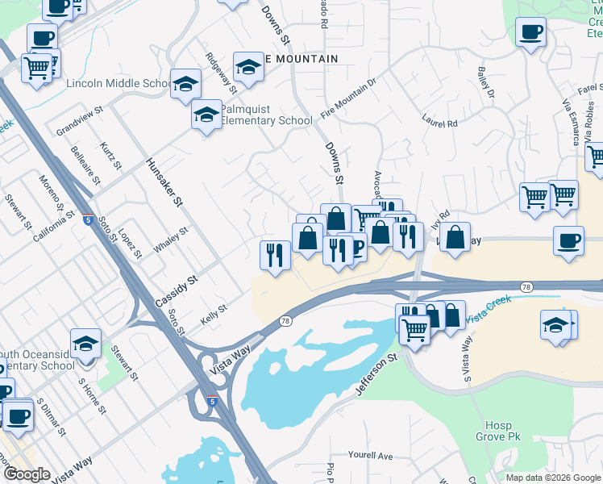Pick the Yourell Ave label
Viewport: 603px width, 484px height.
371,456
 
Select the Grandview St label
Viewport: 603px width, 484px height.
80,119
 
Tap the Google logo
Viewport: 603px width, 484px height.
27,474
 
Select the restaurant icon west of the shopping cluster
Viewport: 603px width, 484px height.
275,255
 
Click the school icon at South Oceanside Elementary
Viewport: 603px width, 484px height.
85,344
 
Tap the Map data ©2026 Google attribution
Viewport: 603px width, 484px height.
552,478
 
